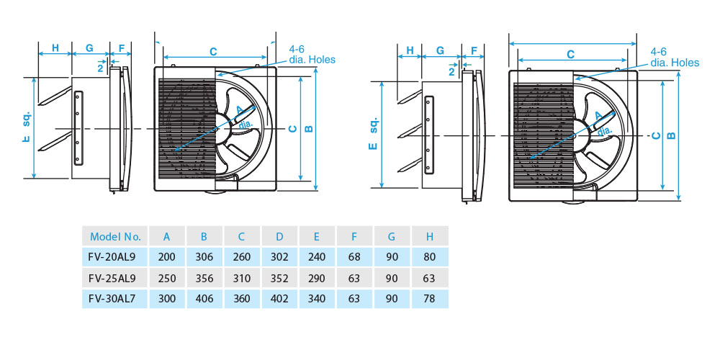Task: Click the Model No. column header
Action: tap(116, 236)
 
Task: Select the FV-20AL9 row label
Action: tap(116, 257)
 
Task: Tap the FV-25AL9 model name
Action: tap(116, 278)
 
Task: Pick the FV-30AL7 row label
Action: tap(116, 298)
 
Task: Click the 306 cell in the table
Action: tap(204, 257)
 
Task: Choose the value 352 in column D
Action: tap(279, 278)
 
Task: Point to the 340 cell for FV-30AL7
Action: tap(317, 298)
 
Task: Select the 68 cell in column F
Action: tap(355, 257)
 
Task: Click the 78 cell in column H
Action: tap(430, 298)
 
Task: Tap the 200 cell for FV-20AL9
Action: tap(167, 257)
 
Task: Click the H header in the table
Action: tap(430, 236)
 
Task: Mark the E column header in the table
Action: tap(317, 236)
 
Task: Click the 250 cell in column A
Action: tap(167, 278)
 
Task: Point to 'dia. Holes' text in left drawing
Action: tap(312, 60)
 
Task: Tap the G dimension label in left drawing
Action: tap(89, 48)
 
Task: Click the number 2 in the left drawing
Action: tap(99, 68)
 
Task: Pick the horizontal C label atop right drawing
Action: tap(570, 54)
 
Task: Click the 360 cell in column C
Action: tap(242, 298)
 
